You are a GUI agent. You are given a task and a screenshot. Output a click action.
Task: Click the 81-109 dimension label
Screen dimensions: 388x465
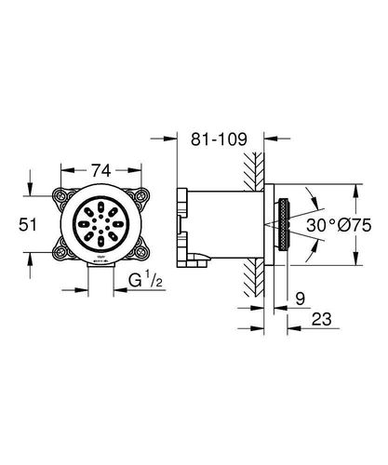219,139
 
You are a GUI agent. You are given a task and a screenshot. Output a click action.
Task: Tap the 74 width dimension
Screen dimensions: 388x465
100,170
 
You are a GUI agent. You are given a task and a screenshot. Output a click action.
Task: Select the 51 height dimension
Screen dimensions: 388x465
28,224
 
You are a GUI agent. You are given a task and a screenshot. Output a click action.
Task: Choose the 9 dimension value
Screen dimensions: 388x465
301,299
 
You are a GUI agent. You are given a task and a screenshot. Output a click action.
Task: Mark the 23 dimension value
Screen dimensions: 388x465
322,319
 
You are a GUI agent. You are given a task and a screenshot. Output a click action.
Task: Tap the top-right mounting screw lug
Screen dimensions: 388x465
140,196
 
